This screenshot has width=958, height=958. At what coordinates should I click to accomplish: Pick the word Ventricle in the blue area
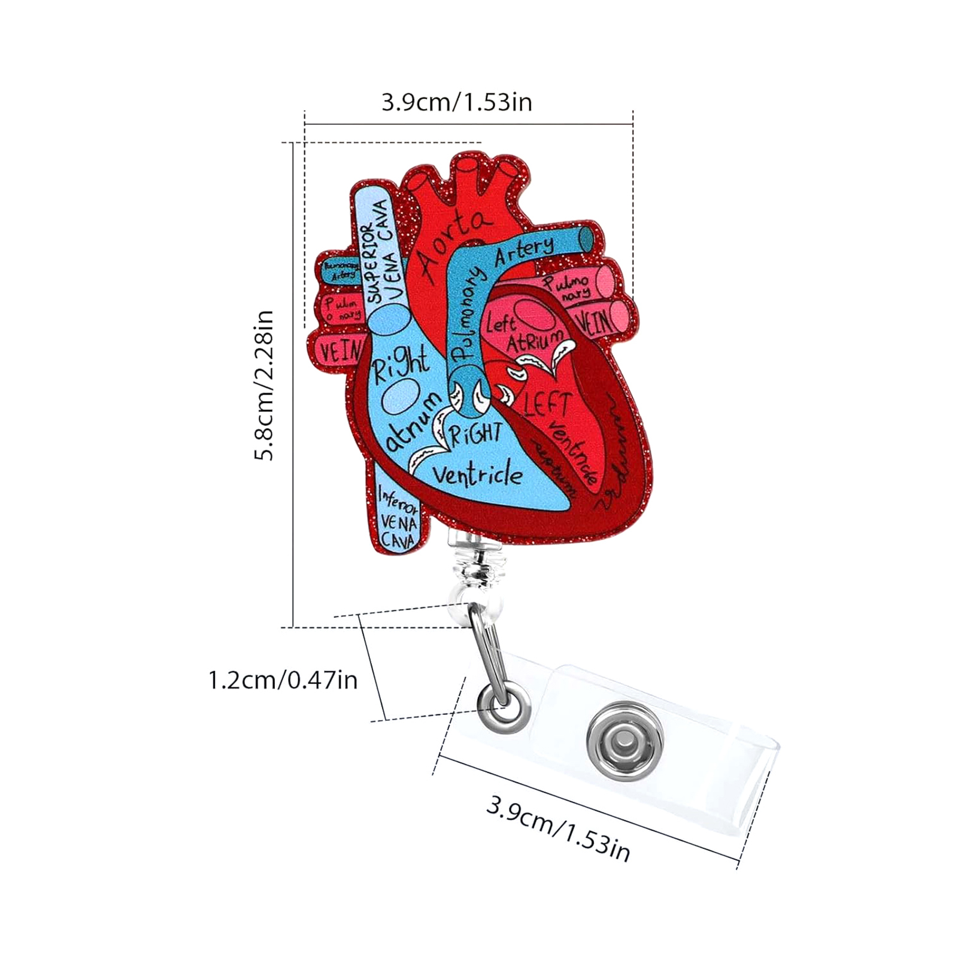click(477, 474)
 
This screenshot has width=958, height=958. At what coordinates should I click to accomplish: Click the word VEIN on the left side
click(339, 351)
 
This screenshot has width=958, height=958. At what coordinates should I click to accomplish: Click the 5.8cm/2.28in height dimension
click(264, 385)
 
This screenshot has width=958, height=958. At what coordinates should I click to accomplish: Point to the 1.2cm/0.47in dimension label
click(283, 681)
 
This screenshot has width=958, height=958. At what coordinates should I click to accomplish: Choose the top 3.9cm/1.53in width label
click(457, 102)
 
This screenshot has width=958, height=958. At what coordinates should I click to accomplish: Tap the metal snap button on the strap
click(624, 742)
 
